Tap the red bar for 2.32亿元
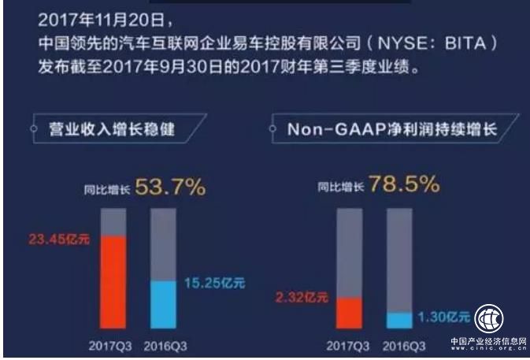[349, 313]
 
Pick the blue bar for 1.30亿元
[399, 320]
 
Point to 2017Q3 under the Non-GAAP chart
[348, 345]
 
